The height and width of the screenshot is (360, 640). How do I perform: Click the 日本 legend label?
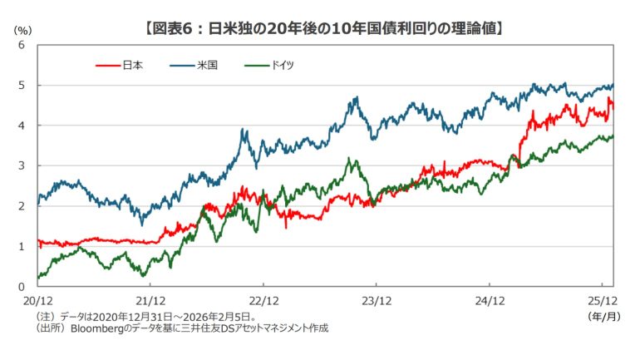click(x=132, y=63)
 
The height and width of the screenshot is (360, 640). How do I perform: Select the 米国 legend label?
click(x=207, y=63)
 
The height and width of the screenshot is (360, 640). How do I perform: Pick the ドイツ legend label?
click(x=284, y=63)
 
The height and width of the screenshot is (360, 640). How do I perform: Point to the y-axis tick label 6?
click(x=22, y=45)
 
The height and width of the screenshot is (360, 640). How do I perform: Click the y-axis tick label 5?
click(x=22, y=85)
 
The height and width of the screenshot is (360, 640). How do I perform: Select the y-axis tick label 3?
click(x=22, y=165)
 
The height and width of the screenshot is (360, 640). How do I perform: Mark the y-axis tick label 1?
click(x=22, y=246)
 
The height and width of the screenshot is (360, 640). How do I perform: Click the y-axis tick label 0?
click(x=22, y=286)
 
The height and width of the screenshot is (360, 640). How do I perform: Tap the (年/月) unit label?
click(x=600, y=317)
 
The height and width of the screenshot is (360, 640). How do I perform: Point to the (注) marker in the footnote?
click(x=43, y=317)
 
